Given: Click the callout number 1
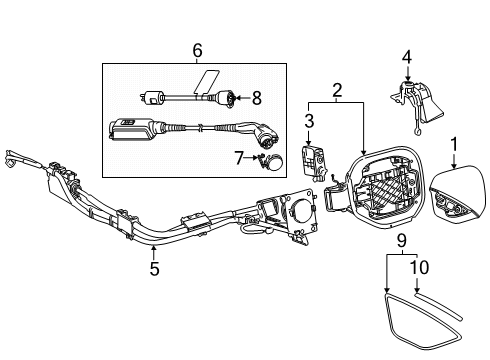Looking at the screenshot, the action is tap(454, 144).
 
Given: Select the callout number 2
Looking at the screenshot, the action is tap(337, 90).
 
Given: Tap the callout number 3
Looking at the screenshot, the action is tap(309, 121).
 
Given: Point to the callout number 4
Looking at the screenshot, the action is tap(407, 57).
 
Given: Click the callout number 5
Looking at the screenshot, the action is tap(154, 268).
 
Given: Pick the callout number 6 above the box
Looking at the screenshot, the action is tap(197, 51).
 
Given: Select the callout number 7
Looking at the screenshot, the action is tap(239, 158).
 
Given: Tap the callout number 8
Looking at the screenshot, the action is tap(257, 98).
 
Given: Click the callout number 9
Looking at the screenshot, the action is tap(402, 240).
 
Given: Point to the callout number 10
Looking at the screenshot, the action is tap(419, 267).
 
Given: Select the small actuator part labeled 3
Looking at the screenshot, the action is tap(313, 162).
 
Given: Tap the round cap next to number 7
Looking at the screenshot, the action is tap(276, 162).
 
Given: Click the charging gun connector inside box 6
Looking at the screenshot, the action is tap(263, 135).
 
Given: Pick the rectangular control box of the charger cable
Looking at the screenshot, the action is tap(131, 129).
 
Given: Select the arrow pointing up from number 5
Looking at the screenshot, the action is tap(153, 252).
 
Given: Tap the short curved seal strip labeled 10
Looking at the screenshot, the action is tap(438, 306).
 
